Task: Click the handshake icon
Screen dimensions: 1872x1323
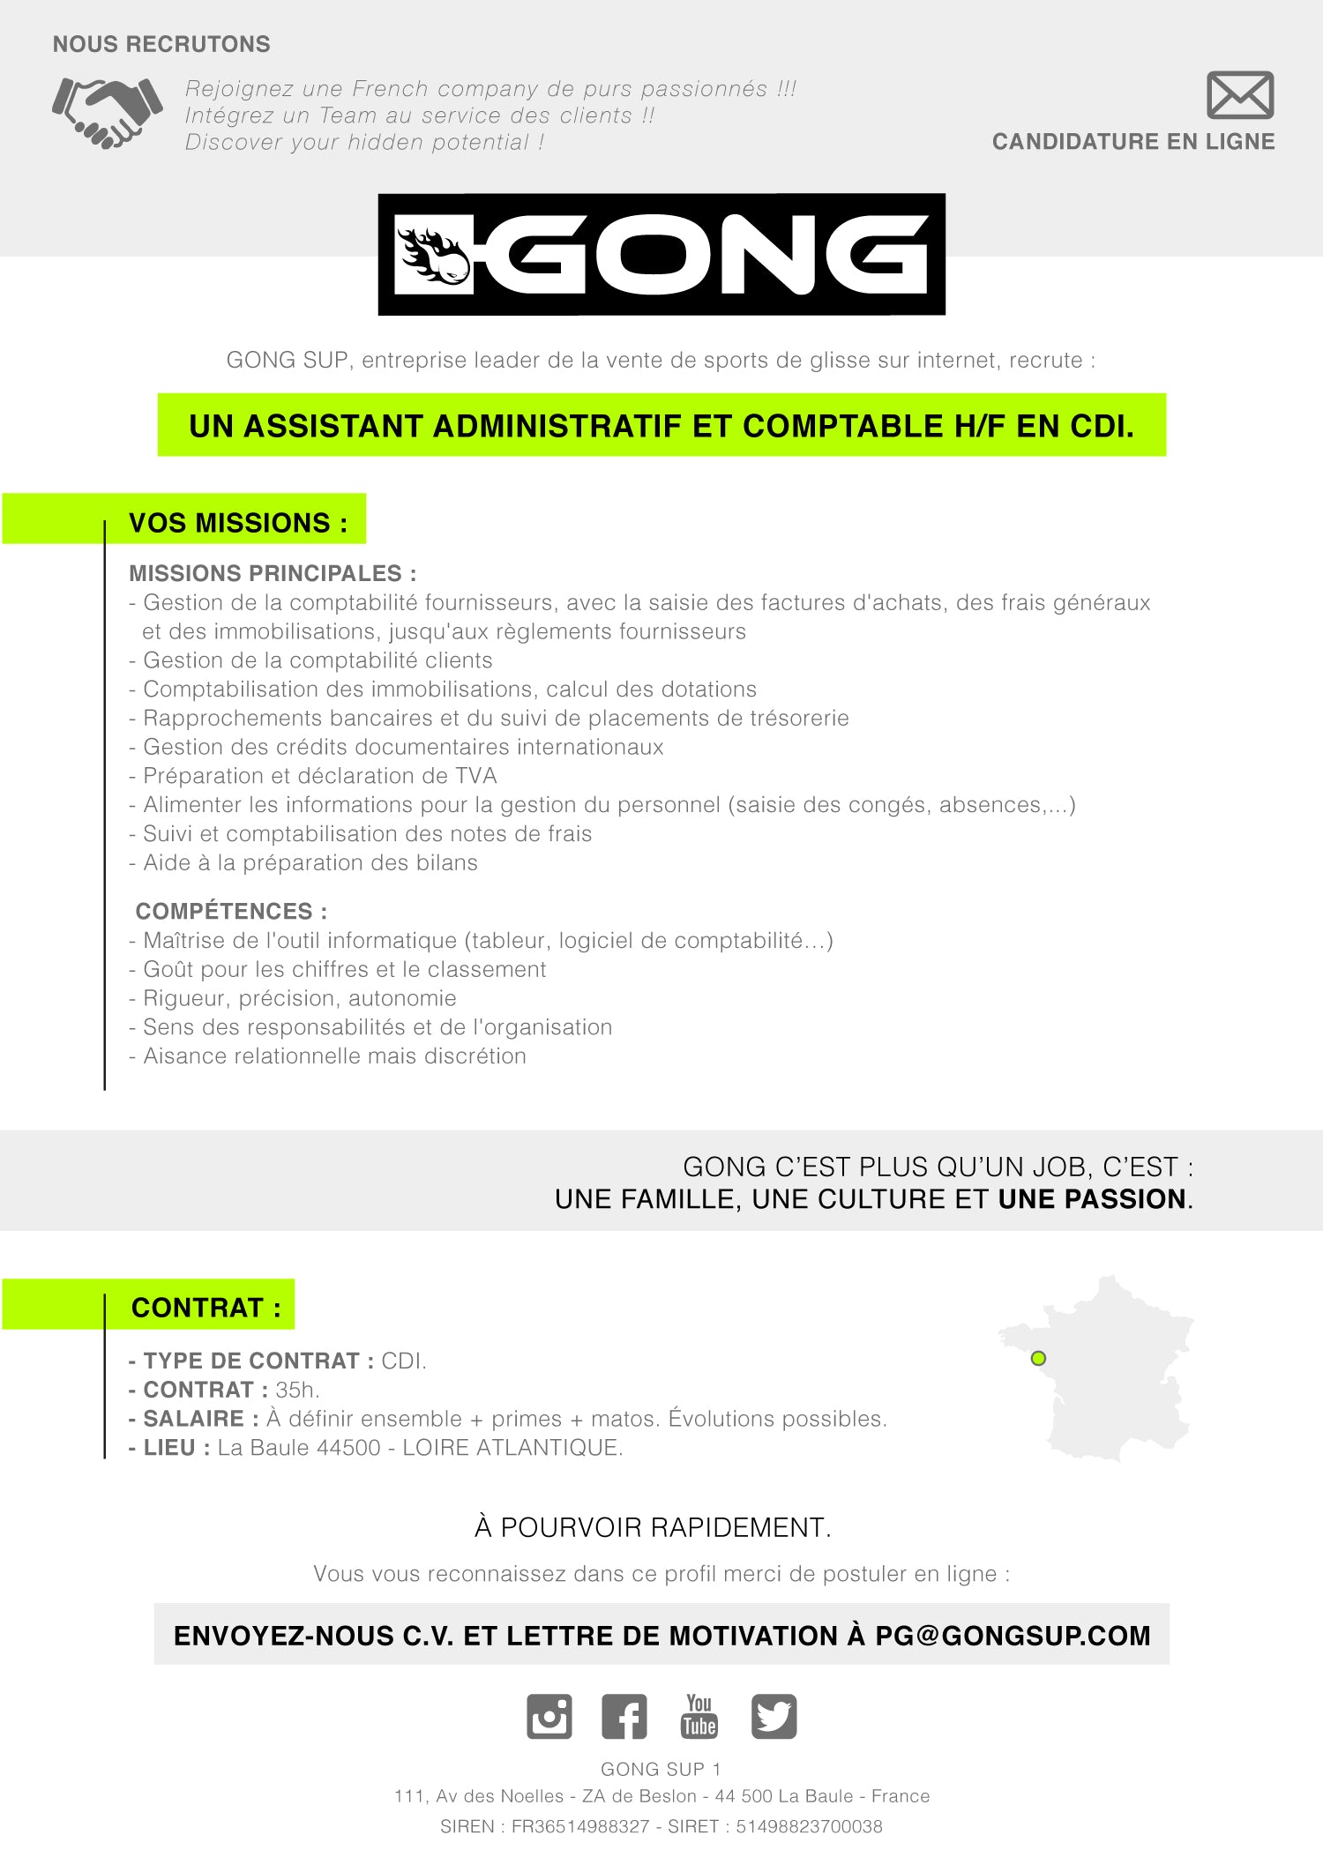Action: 108,113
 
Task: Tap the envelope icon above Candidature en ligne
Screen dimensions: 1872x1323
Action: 1239,95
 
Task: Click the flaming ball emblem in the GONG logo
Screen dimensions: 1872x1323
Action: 434,255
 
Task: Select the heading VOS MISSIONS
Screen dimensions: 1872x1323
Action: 237,523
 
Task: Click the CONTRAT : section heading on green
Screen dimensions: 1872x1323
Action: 206,1307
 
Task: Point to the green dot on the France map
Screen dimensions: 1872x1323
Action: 1038,1358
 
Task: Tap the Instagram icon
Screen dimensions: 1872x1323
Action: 549,1716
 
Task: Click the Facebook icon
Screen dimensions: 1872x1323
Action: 624,1716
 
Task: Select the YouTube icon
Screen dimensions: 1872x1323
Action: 699,1716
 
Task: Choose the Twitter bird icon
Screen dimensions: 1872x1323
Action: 774,1716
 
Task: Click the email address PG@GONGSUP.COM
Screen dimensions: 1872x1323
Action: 1013,1636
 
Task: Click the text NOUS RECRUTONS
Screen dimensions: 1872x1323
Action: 161,44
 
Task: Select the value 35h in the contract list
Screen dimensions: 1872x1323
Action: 295,1390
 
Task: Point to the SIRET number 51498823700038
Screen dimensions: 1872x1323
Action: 809,1826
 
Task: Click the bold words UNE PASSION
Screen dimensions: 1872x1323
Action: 1093,1199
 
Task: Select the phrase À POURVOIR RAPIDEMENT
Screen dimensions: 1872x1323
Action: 653,1527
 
